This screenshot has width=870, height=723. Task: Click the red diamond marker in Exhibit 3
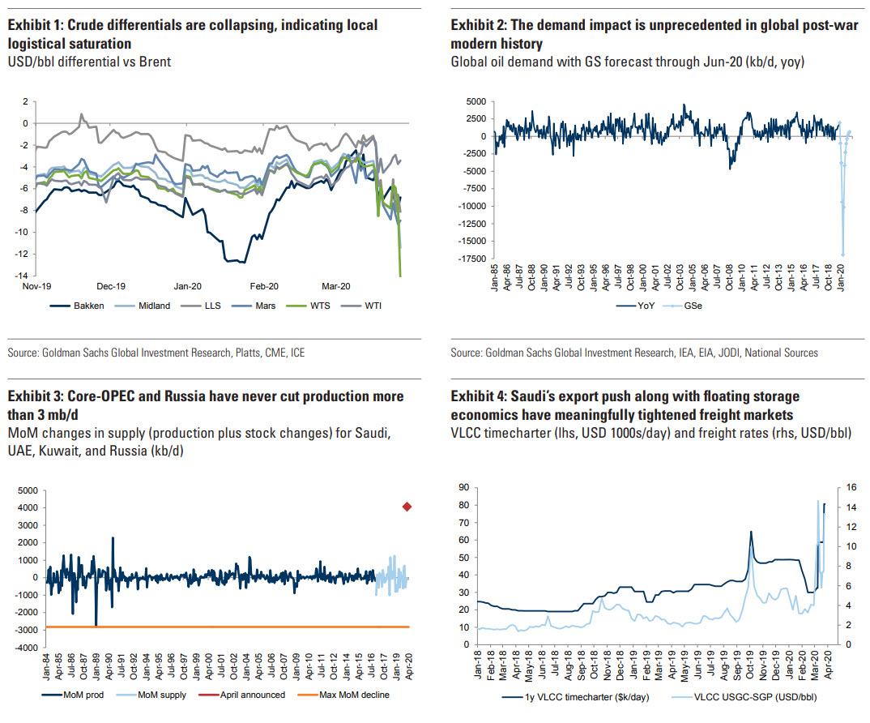[x=407, y=507]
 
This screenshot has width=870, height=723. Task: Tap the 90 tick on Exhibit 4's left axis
[x=464, y=487]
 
